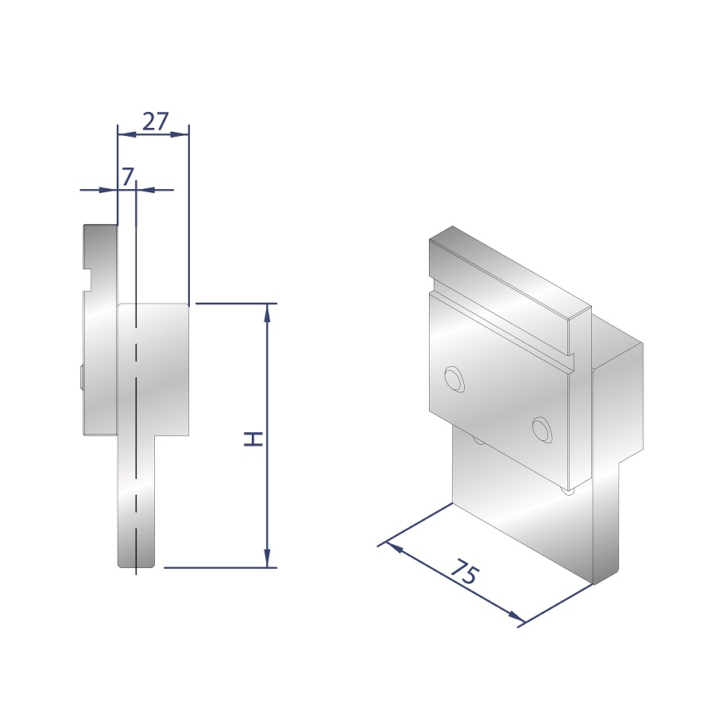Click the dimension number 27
coord(156,122)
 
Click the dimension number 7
coord(128,176)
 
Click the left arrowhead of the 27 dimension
coord(127,134)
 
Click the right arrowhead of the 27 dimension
coord(180,134)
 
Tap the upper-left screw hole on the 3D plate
coord(454,380)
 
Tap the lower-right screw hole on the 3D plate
coord(542,430)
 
